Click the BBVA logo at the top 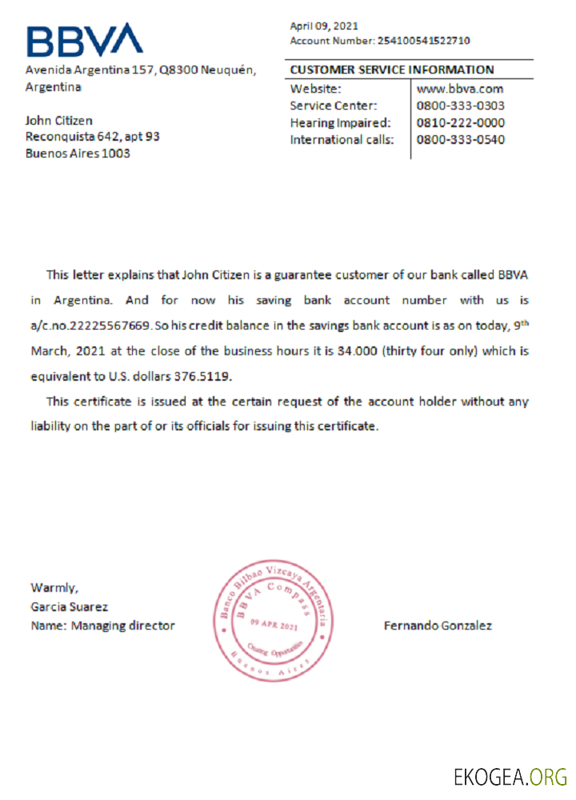(x=84, y=39)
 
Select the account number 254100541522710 (x=423, y=40)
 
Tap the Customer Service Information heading (x=392, y=70)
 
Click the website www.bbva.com (x=460, y=89)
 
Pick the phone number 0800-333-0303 (x=461, y=106)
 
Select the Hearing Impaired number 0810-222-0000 (x=461, y=123)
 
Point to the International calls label (x=342, y=140)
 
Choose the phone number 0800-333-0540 (x=461, y=140)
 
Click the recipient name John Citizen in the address (x=59, y=121)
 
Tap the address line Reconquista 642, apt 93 (x=93, y=137)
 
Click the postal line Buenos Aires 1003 (x=78, y=154)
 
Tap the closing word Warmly (x=54, y=589)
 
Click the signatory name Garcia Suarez (x=69, y=607)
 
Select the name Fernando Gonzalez (x=438, y=626)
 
